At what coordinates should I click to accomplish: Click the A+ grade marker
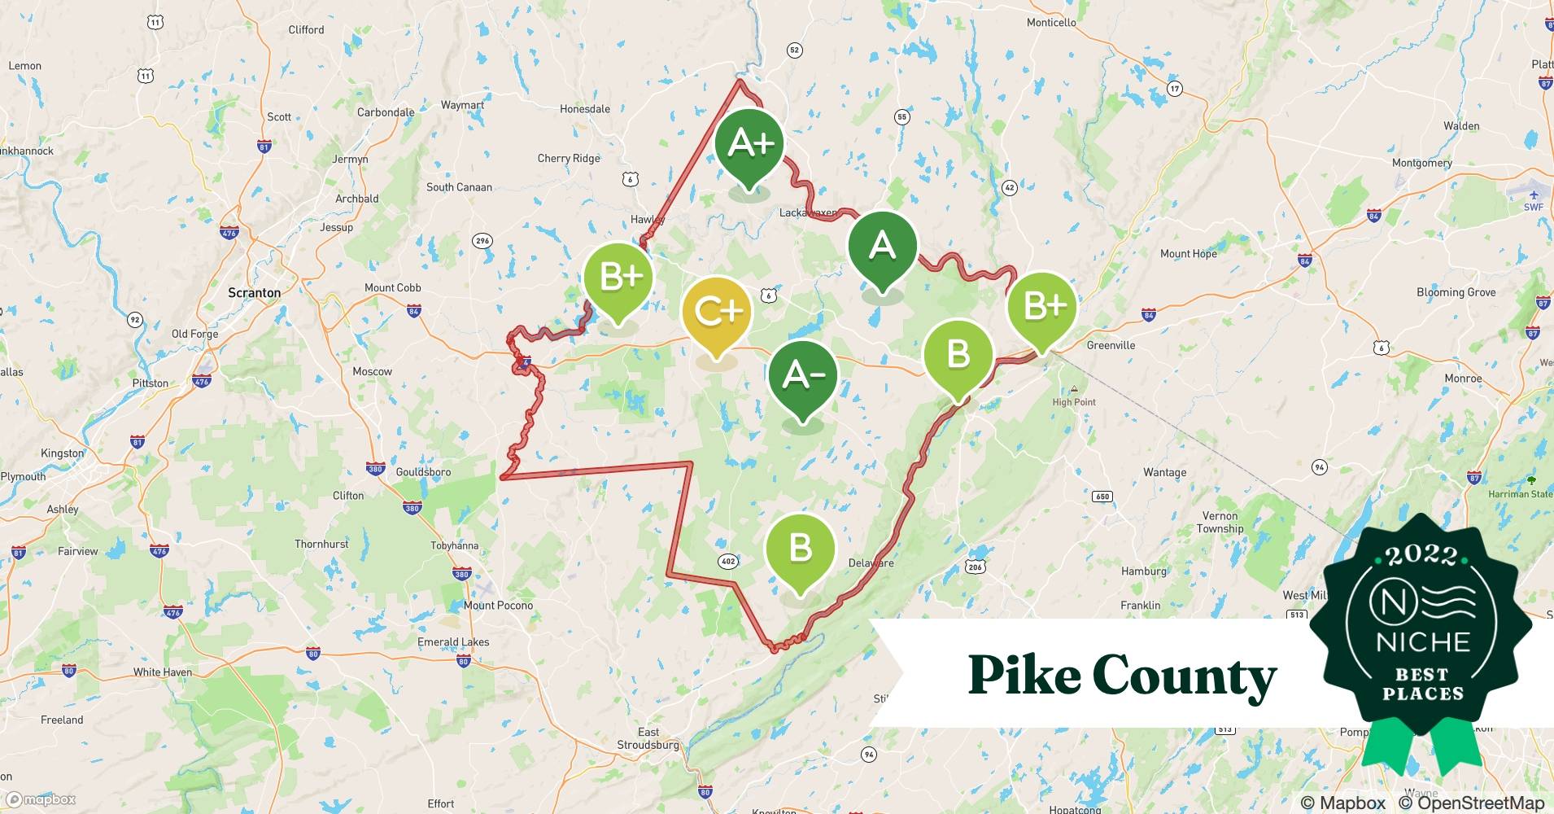(x=749, y=144)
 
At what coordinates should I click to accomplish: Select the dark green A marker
(x=882, y=247)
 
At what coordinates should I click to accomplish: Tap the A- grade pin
(x=803, y=375)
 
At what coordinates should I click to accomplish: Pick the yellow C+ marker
(x=716, y=312)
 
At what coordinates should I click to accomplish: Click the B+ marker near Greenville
(x=1041, y=307)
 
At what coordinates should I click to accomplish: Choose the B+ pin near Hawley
(x=618, y=278)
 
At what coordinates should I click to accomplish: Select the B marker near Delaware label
(x=800, y=549)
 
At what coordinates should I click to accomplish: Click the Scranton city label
(x=254, y=293)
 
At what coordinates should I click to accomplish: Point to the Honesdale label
(x=584, y=109)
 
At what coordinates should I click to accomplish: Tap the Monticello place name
(x=1050, y=23)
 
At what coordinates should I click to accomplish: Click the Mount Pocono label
(x=498, y=606)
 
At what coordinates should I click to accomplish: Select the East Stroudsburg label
(x=648, y=738)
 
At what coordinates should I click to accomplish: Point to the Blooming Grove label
(x=1456, y=292)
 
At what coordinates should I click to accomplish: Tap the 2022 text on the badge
(x=1421, y=555)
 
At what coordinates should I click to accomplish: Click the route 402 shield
(x=728, y=561)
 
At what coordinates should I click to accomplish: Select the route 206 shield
(x=975, y=567)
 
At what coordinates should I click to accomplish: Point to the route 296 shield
(x=482, y=241)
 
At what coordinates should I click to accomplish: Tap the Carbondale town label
(x=386, y=112)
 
